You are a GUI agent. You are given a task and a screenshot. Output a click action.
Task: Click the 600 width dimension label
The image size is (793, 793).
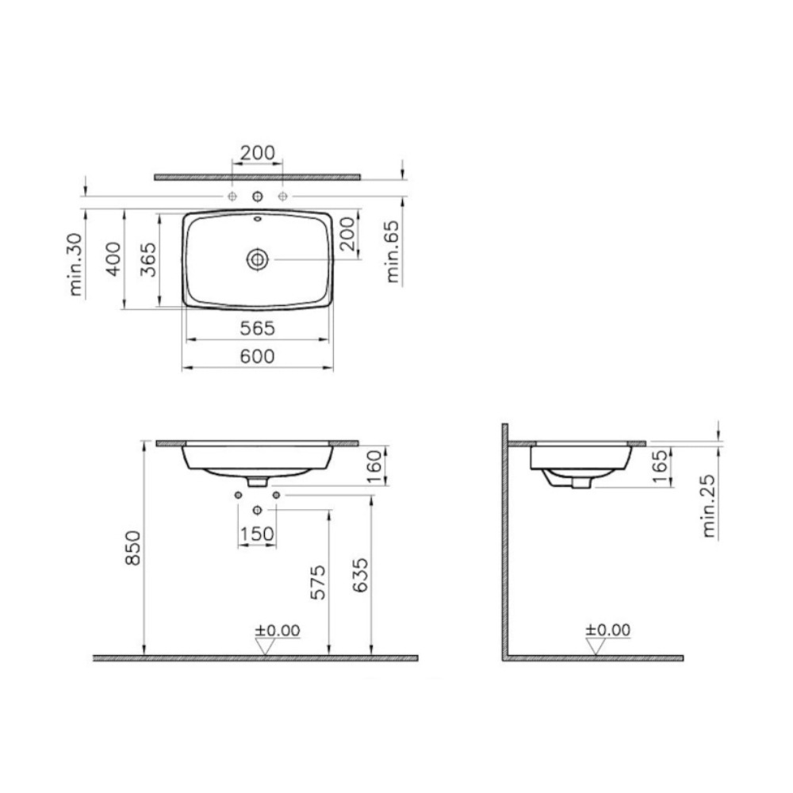tap(257, 356)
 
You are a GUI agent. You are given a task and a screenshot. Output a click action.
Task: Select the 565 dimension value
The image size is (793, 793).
tap(257, 328)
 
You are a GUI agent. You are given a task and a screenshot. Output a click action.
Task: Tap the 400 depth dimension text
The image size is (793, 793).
tap(113, 259)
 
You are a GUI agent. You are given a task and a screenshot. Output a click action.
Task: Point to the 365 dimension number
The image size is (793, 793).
tap(148, 259)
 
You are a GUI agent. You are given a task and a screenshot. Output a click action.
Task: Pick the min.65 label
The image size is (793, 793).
tap(393, 251)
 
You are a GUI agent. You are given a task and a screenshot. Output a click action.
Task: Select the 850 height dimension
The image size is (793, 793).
tap(132, 548)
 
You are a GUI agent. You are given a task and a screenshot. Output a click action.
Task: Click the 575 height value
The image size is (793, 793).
tap(318, 583)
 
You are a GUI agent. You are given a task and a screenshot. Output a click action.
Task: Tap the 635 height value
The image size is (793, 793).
tap(360, 575)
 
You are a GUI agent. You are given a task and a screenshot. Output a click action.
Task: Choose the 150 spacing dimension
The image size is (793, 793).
tap(257, 534)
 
